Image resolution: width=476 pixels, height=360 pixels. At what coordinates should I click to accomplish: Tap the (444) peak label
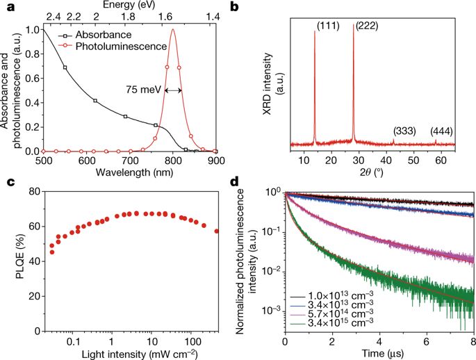[x=442, y=131]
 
